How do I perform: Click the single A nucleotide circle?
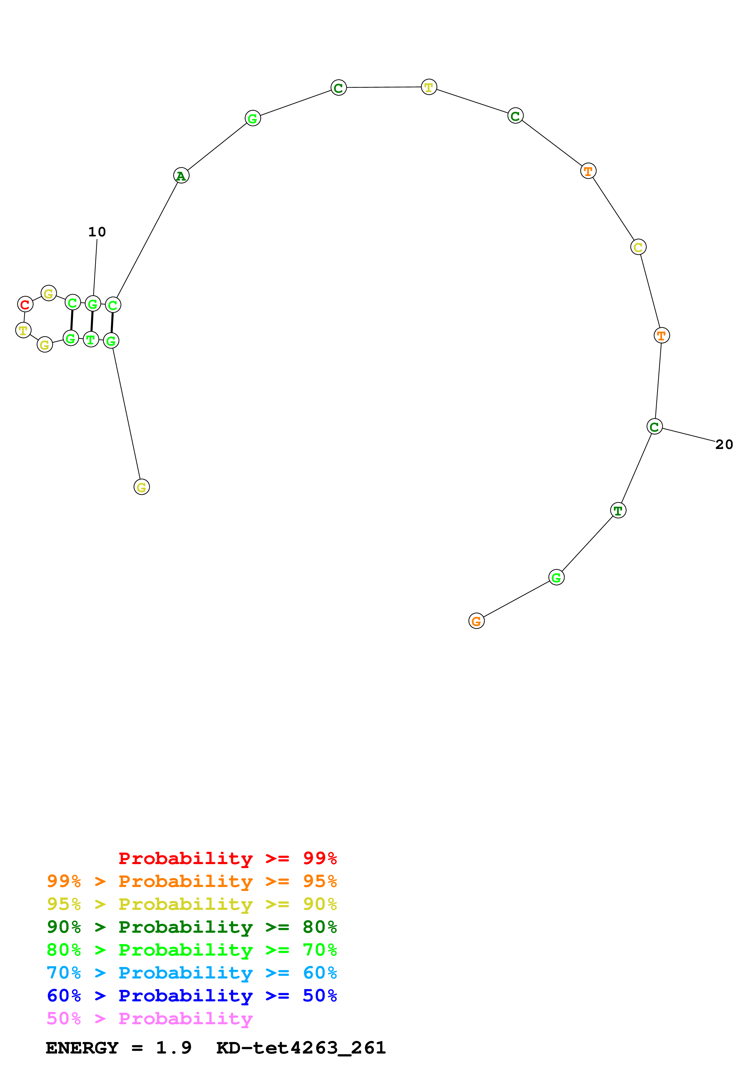coord(181,176)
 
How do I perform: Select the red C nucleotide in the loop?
coord(25,304)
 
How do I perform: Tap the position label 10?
coord(97,232)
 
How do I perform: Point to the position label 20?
coord(724,445)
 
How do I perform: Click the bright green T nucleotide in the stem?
coord(91,340)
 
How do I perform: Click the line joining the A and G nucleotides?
coord(217,147)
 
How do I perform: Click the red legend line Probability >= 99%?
coord(227,858)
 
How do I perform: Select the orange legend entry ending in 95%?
coord(192,881)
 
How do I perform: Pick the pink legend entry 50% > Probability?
coord(149,1018)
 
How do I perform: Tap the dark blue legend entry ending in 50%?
coord(192,996)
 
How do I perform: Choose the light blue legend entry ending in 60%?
coord(192,973)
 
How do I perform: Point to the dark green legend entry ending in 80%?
coord(192,927)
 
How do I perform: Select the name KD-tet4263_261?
coord(301,1048)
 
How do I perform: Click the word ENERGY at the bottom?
coord(82,1048)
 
